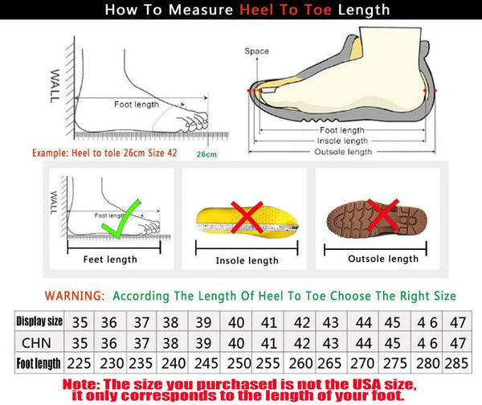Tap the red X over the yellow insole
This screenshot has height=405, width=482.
[248, 218]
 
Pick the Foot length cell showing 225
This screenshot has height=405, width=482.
[80, 362]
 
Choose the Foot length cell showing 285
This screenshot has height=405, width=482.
[457, 362]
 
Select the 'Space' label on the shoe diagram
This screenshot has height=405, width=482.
[257, 51]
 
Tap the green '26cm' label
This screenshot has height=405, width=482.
[206, 153]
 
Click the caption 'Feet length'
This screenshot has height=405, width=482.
[111, 259]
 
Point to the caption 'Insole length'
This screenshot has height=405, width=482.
[247, 260]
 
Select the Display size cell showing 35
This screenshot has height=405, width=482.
[80, 322]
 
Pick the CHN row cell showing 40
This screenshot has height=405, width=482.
[236, 342]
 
